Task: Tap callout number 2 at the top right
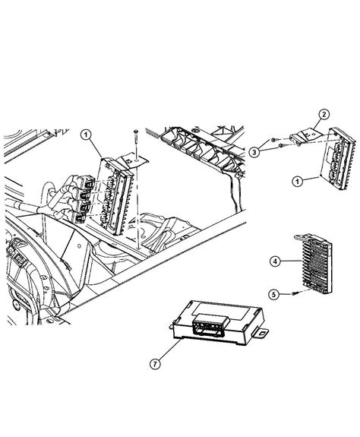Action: pos(323,116)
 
